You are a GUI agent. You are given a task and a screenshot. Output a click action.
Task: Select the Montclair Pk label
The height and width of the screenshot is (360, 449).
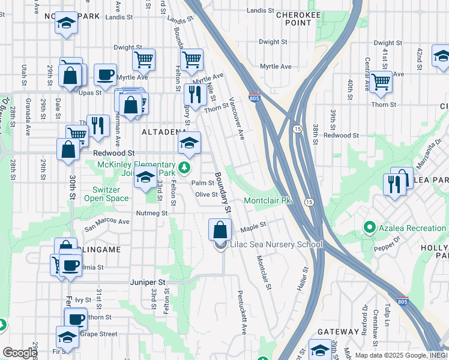267,200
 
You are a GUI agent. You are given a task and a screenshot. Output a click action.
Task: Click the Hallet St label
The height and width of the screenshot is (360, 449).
302,280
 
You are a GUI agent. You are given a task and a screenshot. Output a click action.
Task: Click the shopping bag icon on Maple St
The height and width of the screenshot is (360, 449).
220,230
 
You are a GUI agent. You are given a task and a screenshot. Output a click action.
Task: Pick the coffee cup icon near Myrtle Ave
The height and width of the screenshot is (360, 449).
105,75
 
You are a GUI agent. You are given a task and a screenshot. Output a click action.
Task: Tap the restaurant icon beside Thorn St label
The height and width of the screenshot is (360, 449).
195,94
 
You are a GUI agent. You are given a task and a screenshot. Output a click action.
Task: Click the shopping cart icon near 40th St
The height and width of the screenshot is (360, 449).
381,82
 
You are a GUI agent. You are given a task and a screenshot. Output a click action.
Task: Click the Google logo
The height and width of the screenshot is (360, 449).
19,353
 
